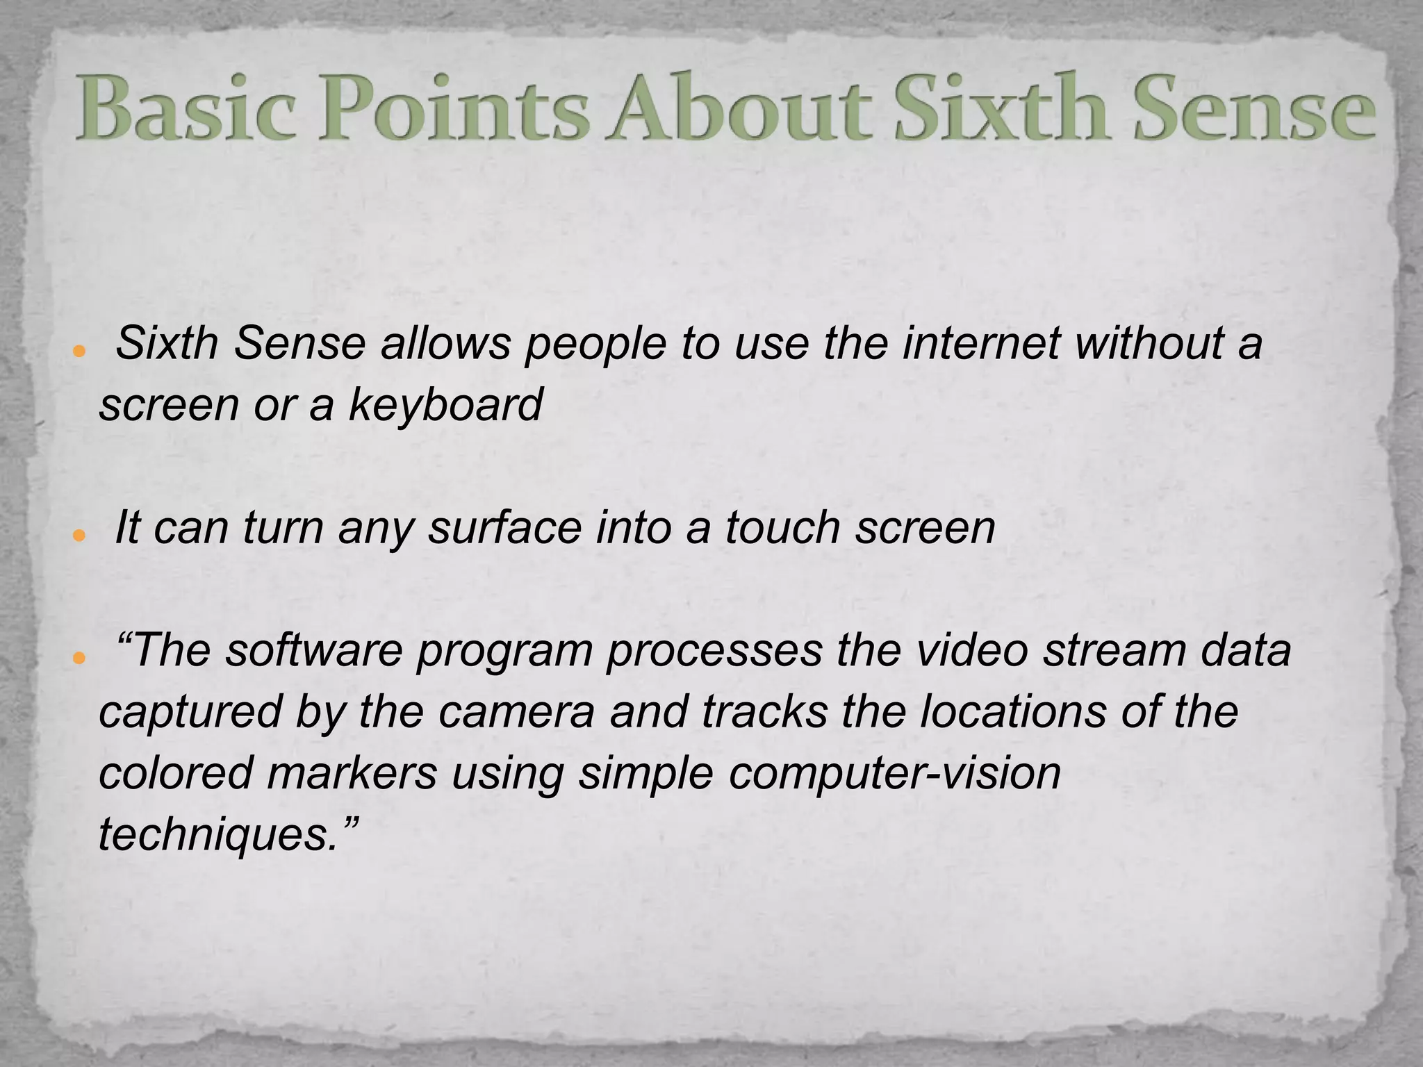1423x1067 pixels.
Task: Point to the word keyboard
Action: (445, 404)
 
